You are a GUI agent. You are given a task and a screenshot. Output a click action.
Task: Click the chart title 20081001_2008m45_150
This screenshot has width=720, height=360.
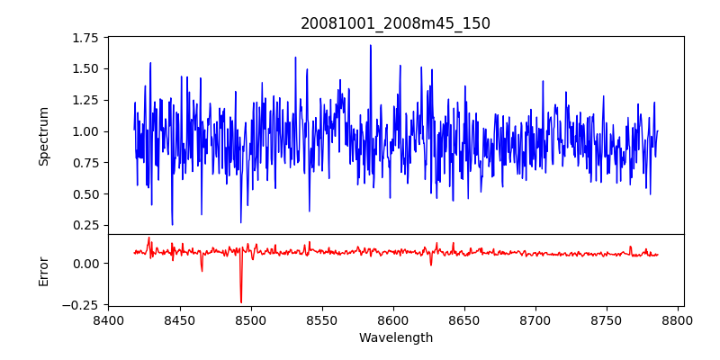(395, 23)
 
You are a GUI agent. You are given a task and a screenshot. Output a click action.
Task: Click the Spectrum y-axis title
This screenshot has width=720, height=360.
(43, 136)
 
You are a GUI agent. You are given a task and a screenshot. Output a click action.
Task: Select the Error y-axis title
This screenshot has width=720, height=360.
(43, 270)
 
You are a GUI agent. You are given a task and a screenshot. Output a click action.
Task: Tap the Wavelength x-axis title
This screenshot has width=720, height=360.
(395, 338)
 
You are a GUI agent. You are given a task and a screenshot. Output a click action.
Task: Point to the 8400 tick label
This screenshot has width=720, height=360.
(108, 320)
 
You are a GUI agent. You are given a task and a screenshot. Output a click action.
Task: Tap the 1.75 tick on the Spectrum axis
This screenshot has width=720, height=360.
(86, 38)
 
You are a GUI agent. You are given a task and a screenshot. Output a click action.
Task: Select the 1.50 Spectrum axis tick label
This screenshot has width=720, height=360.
(86, 69)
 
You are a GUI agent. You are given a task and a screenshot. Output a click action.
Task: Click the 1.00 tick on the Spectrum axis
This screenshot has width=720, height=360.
(86, 131)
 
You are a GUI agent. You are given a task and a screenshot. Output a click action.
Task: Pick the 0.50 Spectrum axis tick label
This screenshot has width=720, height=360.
(86, 194)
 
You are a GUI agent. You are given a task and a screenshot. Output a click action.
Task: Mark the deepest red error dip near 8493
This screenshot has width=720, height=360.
(241, 301)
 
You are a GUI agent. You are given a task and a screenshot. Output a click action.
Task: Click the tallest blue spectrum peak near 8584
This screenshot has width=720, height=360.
(370, 46)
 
